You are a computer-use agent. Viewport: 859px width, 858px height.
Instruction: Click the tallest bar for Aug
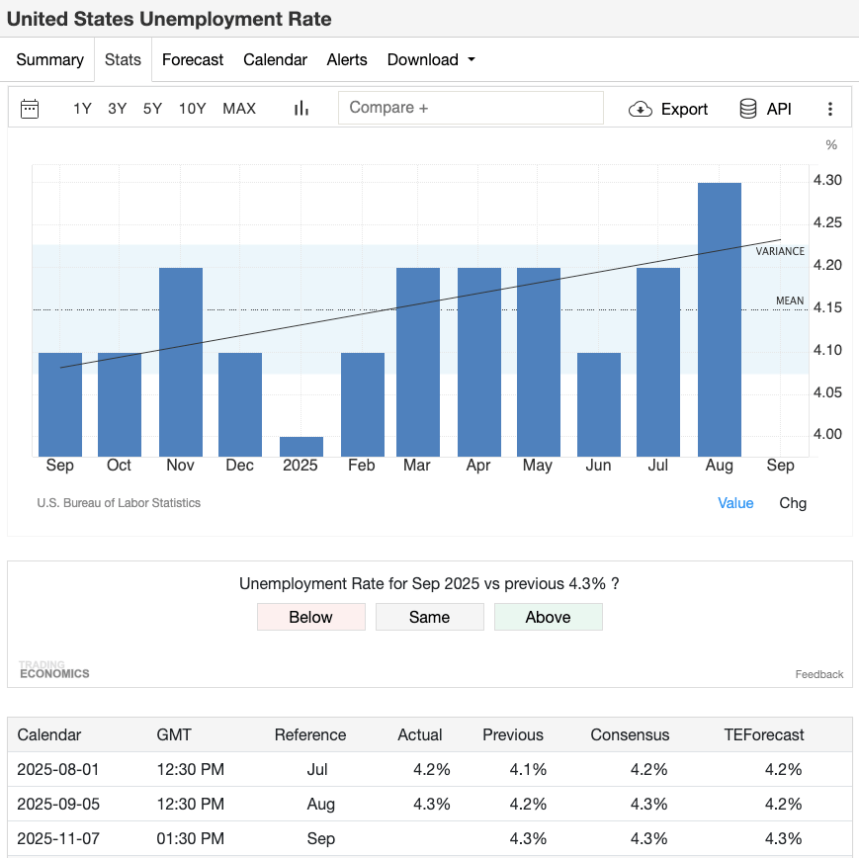pyautogui.click(x=719, y=318)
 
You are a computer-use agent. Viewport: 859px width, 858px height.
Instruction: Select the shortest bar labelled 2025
pyautogui.click(x=301, y=446)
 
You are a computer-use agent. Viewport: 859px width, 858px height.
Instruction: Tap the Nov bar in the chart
pyautogui.click(x=180, y=361)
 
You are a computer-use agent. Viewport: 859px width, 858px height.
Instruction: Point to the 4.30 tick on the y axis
pyautogui.click(x=826, y=180)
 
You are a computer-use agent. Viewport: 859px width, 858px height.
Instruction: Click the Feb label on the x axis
pyautogui.click(x=362, y=466)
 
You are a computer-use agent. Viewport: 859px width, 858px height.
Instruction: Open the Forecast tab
pyautogui.click(x=193, y=59)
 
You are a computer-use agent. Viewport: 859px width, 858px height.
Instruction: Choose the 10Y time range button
pyautogui.click(x=192, y=109)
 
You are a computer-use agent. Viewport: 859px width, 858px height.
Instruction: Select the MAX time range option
pyautogui.click(x=239, y=109)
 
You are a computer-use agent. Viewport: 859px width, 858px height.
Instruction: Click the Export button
pyautogui.click(x=668, y=109)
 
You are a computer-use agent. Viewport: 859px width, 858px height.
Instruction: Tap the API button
pyautogui.click(x=765, y=109)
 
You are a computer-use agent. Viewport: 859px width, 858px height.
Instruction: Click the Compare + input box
pyautogui.click(x=471, y=108)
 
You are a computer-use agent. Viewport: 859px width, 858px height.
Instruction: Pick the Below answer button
pyautogui.click(x=310, y=617)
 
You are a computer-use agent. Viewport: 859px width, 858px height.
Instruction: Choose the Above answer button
pyautogui.click(x=548, y=617)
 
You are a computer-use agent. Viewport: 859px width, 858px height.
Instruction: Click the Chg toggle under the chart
pyautogui.click(x=793, y=503)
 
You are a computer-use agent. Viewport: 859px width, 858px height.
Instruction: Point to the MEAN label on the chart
pyautogui.click(x=790, y=300)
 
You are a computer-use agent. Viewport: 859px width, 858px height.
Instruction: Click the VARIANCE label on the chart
pyautogui.click(x=780, y=252)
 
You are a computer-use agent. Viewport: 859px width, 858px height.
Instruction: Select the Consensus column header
pyautogui.click(x=630, y=734)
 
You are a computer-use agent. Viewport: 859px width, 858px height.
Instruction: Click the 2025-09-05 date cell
pyautogui.click(x=58, y=804)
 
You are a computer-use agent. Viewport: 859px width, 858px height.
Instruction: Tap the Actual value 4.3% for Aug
pyautogui.click(x=431, y=804)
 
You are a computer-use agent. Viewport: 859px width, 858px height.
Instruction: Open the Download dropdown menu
pyautogui.click(x=431, y=59)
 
